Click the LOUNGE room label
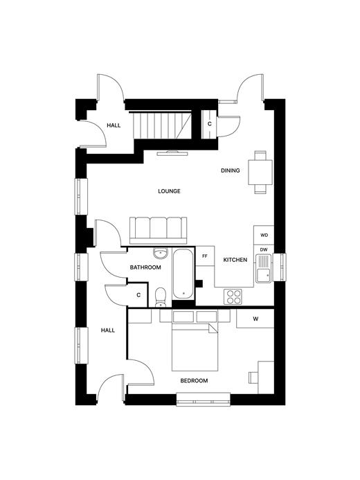[x=169, y=191]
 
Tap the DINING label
[x=231, y=170]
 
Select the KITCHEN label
[x=235, y=260]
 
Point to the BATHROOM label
[x=145, y=267]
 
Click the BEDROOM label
[x=194, y=381]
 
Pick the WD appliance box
[x=264, y=235]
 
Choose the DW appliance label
[x=264, y=250]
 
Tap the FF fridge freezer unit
[x=205, y=256]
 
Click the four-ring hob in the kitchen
[x=233, y=296]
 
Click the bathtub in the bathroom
[x=183, y=274]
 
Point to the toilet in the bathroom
[x=161, y=297]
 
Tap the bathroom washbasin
[x=161, y=253]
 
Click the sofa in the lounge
[x=158, y=230]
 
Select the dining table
[x=260, y=172]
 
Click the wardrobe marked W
[x=255, y=319]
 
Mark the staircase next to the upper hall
[x=162, y=125]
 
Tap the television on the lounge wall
[x=172, y=153]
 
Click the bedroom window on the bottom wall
[x=204, y=400]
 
